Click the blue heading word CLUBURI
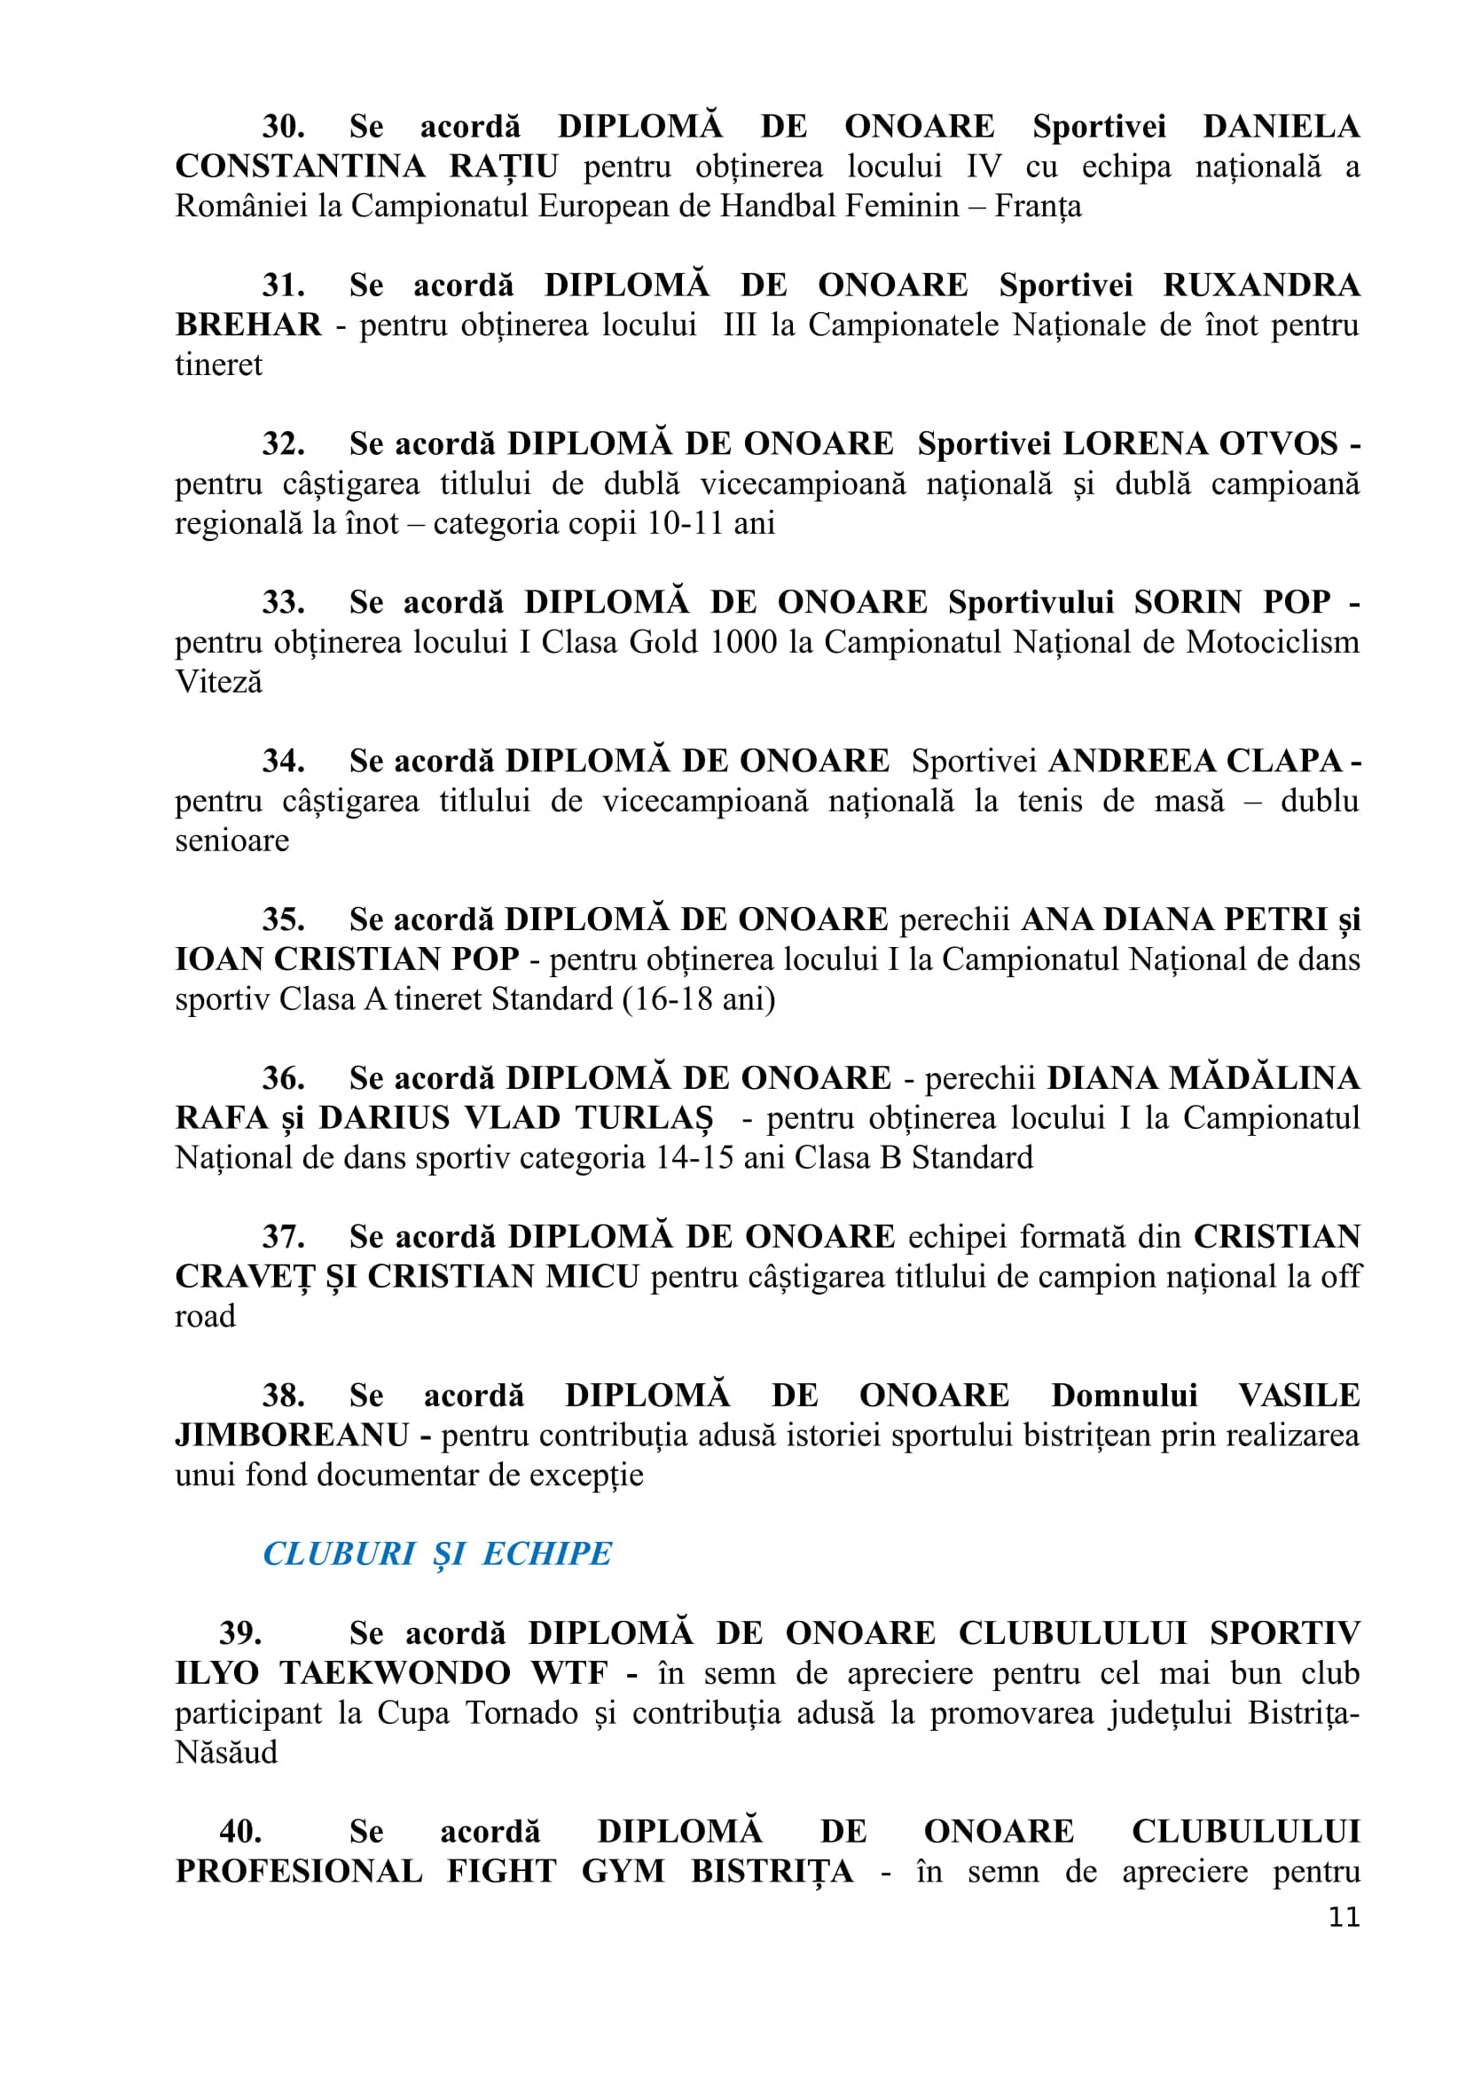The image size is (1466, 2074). coord(339,1554)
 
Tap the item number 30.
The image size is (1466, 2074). coord(284,127)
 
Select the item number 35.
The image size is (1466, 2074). coord(284,920)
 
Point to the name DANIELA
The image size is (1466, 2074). coord(1281,127)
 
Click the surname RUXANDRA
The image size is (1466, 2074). coord(1261,286)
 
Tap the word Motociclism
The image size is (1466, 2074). coord(1272,642)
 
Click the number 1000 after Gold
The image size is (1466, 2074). coord(743,642)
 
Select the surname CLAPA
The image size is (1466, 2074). coord(1285,761)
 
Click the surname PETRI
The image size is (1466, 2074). coord(1275,920)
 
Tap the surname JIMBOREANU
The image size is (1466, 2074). coord(292,1436)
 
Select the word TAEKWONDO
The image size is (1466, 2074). coord(395,1673)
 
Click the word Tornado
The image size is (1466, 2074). coord(521,1713)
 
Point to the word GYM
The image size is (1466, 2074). coord(623,1871)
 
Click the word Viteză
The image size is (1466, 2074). coord(218,682)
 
